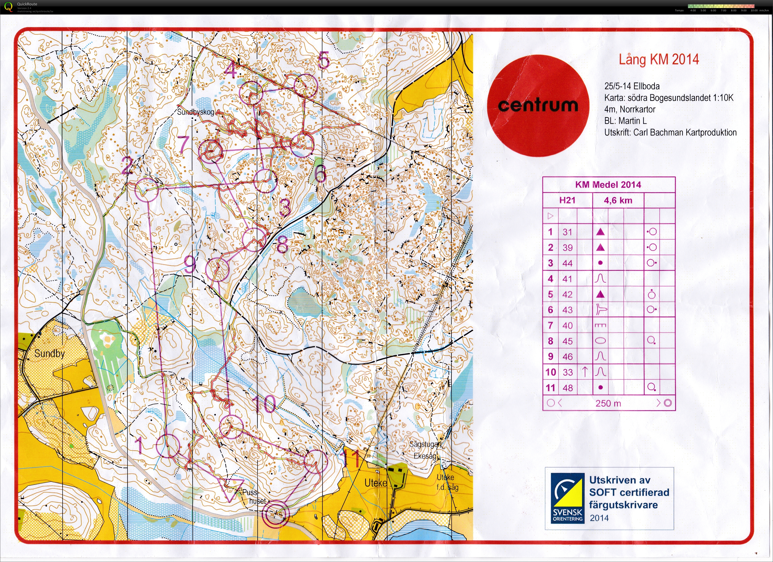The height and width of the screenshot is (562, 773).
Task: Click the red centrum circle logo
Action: pos(538,105)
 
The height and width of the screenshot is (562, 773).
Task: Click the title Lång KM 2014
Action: pos(659,59)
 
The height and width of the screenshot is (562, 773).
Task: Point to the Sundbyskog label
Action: pos(195,112)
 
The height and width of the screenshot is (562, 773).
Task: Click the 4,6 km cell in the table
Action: pos(618,201)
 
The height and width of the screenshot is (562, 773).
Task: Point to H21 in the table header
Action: pos(567,201)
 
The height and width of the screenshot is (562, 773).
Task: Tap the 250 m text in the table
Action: pos(608,403)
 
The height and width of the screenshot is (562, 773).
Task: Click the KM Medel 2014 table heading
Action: pos(608,185)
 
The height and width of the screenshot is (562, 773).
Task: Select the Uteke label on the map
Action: pos(376,483)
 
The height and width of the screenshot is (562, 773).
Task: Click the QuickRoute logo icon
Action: pos(9,6)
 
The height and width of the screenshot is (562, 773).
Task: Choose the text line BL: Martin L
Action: pos(625,121)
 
